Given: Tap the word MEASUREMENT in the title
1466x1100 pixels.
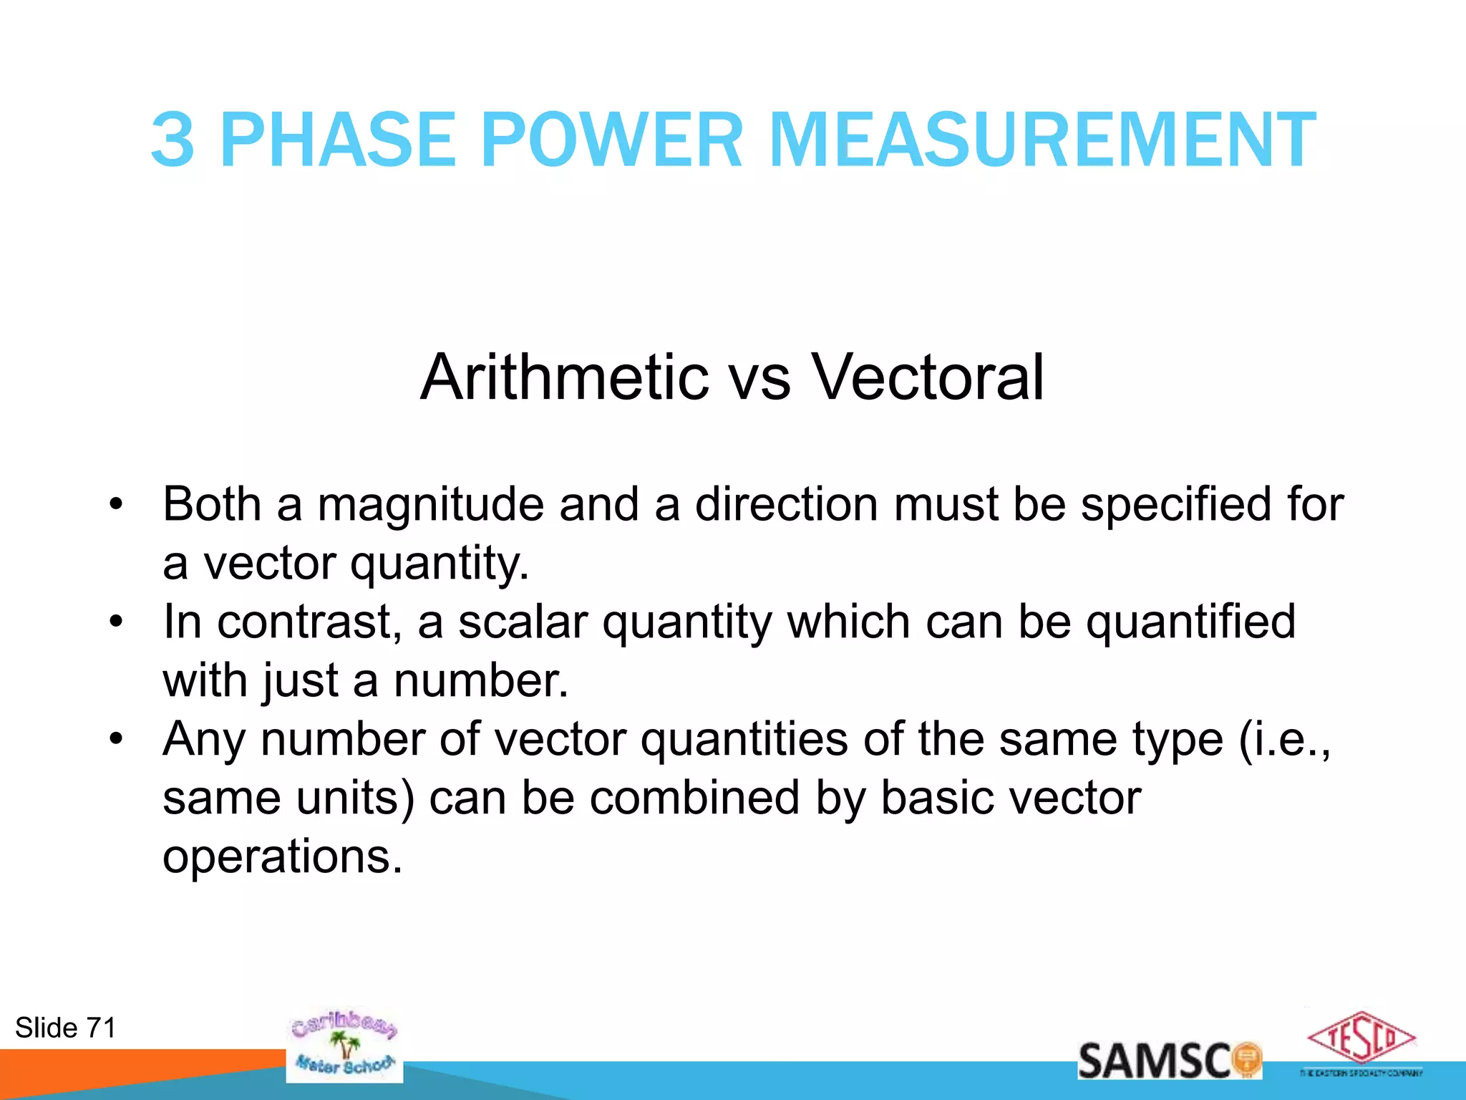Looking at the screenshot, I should click(1042, 140).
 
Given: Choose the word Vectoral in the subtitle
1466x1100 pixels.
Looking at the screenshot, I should click(928, 377).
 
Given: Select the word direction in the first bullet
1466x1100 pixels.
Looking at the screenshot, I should click(786, 505).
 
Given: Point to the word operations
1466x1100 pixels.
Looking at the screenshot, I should click(283, 857).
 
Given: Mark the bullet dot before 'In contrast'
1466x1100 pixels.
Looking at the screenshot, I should click(117, 622).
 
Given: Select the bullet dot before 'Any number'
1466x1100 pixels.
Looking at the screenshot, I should click(117, 739).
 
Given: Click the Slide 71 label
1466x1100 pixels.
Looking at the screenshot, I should click(65, 1028).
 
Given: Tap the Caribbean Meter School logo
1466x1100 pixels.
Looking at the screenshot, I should click(344, 1045).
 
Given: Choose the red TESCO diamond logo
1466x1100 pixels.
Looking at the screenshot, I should click(1361, 1038).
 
